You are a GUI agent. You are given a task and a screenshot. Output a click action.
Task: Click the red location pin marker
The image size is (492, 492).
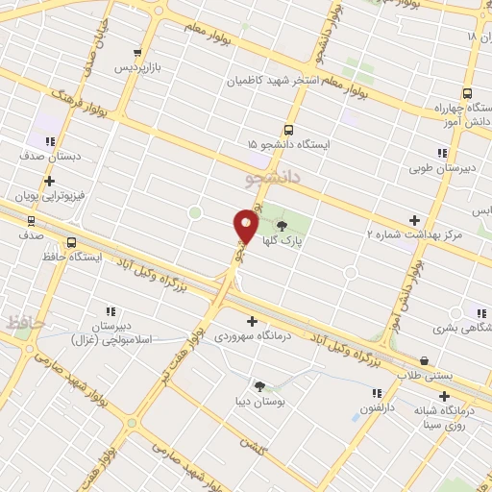(x=245, y=228)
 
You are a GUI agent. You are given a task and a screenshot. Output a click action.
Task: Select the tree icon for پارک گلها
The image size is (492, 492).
(x=281, y=226)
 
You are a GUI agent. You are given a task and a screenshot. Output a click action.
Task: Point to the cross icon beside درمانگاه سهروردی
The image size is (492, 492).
(x=253, y=322)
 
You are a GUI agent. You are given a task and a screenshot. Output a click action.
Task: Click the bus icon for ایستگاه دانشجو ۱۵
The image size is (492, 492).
(x=289, y=130)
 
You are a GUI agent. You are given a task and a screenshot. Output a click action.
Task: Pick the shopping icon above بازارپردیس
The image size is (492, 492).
(x=139, y=53)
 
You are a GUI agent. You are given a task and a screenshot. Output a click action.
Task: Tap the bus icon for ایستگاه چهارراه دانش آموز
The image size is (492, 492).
(x=467, y=94)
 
